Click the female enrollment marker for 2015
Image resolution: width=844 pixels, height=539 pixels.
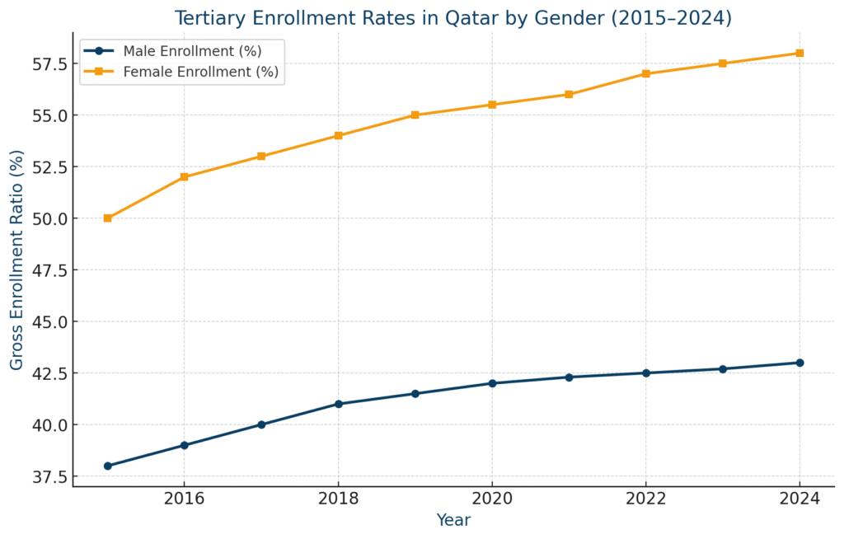[107, 218]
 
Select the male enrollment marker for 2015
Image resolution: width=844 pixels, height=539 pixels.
[107, 466]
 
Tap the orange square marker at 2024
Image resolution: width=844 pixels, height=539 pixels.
[799, 54]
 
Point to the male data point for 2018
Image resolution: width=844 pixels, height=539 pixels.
[338, 404]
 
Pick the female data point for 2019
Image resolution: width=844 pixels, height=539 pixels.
[415, 115]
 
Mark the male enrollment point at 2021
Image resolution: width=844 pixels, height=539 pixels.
[569, 377]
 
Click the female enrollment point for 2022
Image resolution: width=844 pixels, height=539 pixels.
[645, 74]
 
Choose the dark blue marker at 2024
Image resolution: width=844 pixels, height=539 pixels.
[799, 363]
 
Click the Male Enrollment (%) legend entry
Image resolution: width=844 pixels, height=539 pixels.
[191, 51]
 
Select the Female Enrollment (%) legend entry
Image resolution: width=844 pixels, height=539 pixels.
[200, 72]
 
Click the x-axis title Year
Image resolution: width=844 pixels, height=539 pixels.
[453, 521]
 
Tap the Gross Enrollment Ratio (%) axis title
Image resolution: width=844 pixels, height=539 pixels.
[17, 260]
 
